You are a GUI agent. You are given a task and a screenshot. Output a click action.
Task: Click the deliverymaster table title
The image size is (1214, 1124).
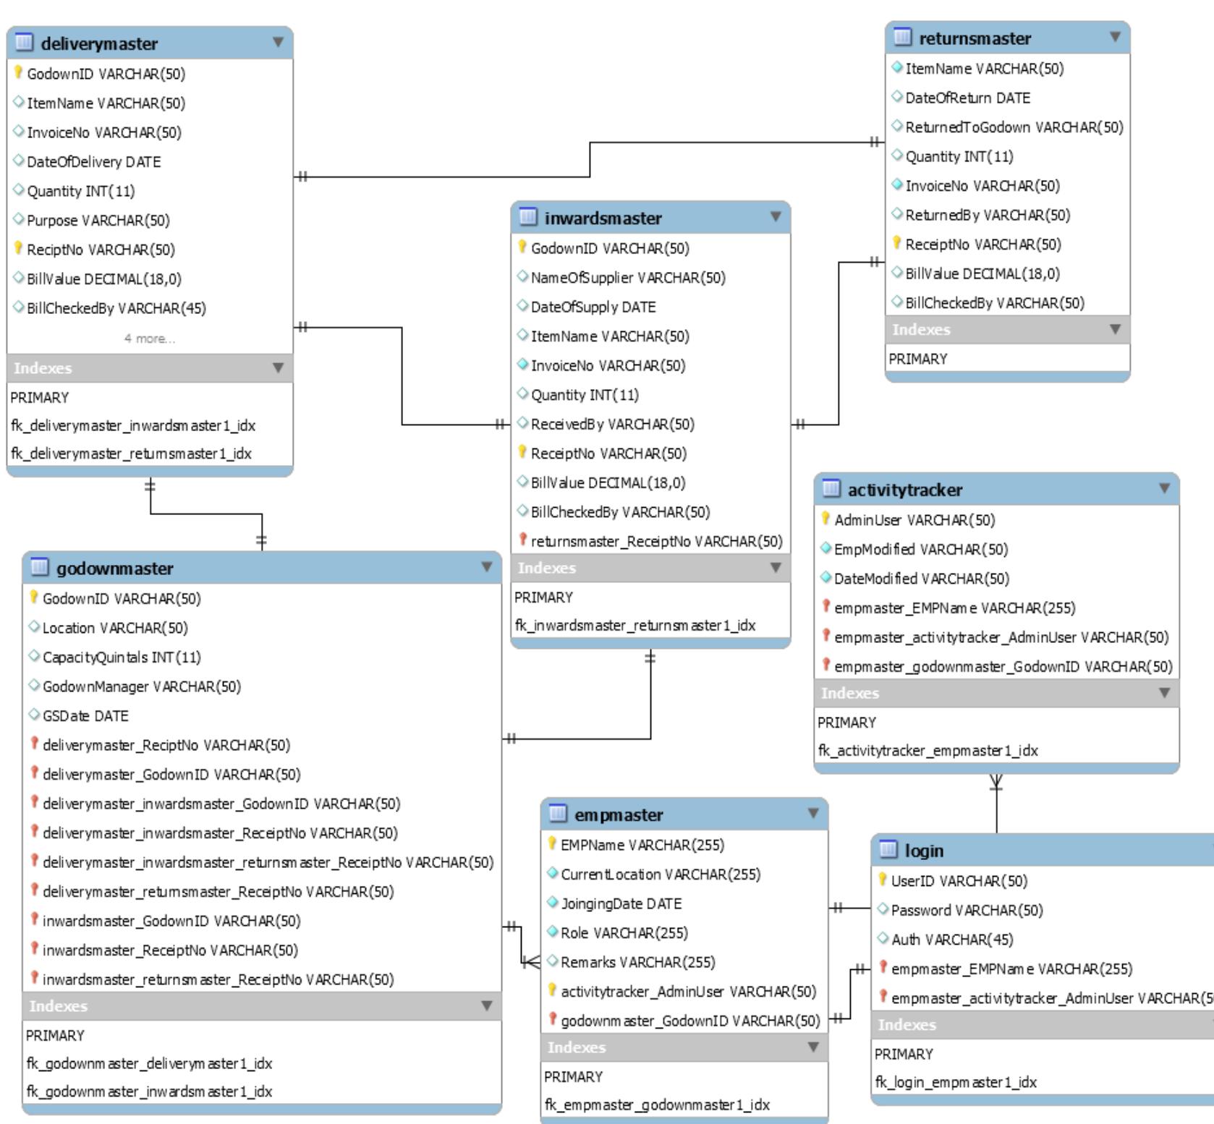pyautogui.click(x=99, y=44)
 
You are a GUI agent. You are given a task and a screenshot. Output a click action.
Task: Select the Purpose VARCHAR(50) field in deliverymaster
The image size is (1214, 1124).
pyautogui.click(x=98, y=221)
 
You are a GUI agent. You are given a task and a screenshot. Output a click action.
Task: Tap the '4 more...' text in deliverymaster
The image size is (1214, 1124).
pyautogui.click(x=149, y=339)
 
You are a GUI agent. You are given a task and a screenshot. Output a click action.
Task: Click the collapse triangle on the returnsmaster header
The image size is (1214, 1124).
pyautogui.click(x=1114, y=37)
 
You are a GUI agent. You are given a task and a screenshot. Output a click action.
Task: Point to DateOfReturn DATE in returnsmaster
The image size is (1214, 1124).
pyautogui.click(x=967, y=98)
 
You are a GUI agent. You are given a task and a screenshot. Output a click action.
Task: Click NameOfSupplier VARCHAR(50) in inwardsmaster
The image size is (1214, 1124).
pyautogui.click(x=627, y=278)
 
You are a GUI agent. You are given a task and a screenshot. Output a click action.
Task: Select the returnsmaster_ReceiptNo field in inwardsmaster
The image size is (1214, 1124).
pyautogui.click(x=655, y=542)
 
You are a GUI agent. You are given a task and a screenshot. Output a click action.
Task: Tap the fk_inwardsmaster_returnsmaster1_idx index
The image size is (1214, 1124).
pyautogui.click(x=634, y=626)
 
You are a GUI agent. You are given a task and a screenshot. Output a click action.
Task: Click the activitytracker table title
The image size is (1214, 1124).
pyautogui.click(x=904, y=490)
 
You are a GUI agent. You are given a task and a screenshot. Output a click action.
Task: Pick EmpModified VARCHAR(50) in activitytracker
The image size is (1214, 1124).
pyautogui.click(x=920, y=550)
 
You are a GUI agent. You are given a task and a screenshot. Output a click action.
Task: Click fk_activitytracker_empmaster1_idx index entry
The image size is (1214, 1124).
pyautogui.click(x=928, y=751)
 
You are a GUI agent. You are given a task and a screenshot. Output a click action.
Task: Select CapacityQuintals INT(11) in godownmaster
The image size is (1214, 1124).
pyautogui.click(x=122, y=657)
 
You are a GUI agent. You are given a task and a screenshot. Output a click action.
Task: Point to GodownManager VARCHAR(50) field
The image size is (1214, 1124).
pyautogui.click(x=141, y=687)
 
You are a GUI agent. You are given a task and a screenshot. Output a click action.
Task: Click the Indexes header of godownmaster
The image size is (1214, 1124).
pyautogui.click(x=58, y=1006)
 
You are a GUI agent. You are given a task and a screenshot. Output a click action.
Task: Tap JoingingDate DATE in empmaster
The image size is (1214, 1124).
pyautogui.click(x=621, y=904)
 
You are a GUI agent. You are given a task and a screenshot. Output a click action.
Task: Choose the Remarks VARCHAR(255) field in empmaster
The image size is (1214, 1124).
pyautogui.click(x=637, y=963)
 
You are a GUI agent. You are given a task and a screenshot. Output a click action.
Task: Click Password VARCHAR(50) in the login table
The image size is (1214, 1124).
pyautogui.click(x=967, y=911)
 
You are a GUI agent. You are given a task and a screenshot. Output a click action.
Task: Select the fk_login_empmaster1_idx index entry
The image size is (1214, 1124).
pyautogui.click(x=955, y=1083)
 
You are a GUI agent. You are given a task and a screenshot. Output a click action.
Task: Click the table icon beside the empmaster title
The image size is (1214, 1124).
pyautogui.click(x=557, y=814)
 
